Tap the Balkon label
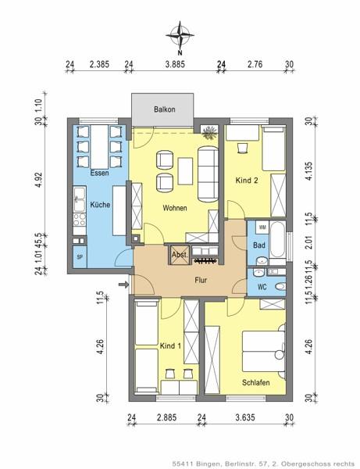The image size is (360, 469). [x=162, y=109]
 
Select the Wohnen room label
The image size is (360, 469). [x=174, y=209]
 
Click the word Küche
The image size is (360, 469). [x=99, y=204]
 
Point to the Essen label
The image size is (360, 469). [x=98, y=173]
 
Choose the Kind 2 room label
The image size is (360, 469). [x=246, y=181]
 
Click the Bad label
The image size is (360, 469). [x=259, y=245]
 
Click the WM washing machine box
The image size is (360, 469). [x=262, y=227]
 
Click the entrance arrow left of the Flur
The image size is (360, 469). [x=122, y=286]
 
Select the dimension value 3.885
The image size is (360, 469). [x=175, y=65]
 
